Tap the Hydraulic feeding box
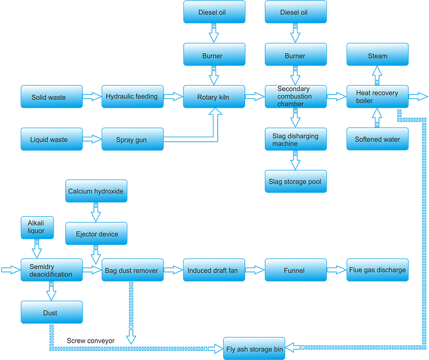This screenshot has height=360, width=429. pyautogui.click(x=131, y=97)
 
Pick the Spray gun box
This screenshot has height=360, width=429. pyautogui.click(x=131, y=139)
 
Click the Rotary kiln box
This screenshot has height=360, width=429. pyautogui.click(x=214, y=97)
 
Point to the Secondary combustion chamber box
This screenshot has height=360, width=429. pyautogui.click(x=295, y=97)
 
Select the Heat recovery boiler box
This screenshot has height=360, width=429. pyautogui.click(x=377, y=97)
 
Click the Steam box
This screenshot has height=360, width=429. pyautogui.click(x=377, y=56)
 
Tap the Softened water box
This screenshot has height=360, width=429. pyautogui.click(x=377, y=139)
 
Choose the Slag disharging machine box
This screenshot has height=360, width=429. pyautogui.click(x=295, y=139)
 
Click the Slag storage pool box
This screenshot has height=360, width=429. pyautogui.click(x=295, y=182)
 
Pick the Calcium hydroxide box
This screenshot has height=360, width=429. pyautogui.click(x=96, y=192)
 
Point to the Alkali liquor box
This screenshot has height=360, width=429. pyautogui.click(x=36, y=227)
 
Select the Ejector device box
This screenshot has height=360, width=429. pyautogui.click(x=96, y=233)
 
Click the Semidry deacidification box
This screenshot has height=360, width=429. pyautogui.click(x=51, y=270)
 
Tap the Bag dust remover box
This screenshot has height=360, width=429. pyautogui.click(x=131, y=270)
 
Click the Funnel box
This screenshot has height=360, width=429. pyautogui.click(x=295, y=270)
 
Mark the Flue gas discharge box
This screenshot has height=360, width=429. pyautogui.click(x=377, y=270)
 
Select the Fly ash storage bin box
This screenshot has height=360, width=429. pyautogui.click(x=254, y=349)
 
